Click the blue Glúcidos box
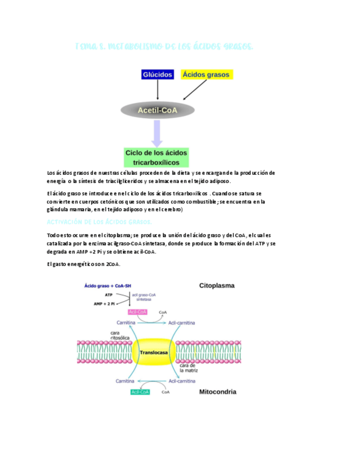tap(158, 74)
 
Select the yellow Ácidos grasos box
tap(207, 74)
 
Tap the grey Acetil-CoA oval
tap(157, 110)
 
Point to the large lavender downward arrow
tap(157, 134)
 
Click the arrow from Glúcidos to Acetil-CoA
tap(158, 90)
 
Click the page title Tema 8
tap(164, 47)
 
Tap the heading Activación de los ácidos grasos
tap(100, 221)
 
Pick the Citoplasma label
tap(217, 286)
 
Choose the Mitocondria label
tap(218, 392)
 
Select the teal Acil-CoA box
tap(140, 392)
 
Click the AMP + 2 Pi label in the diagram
tap(104, 303)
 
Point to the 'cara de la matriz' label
tap(190, 368)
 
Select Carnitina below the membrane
tap(125, 380)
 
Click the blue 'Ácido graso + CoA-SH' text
tap(107, 286)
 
